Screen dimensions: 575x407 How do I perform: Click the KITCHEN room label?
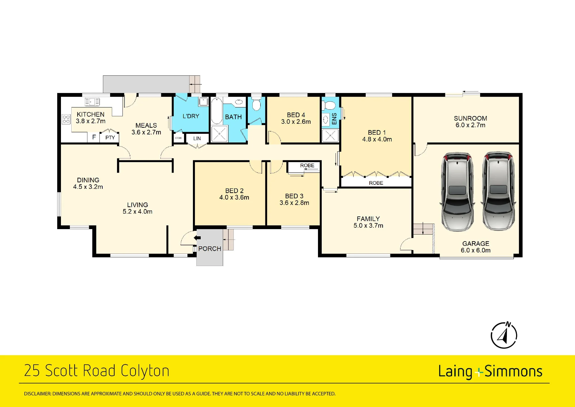tap(91, 114)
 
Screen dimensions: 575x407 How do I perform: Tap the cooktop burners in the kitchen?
tap(66, 119)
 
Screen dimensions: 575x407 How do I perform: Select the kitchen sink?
tap(92, 102)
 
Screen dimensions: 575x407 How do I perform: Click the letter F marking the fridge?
tap(94, 137)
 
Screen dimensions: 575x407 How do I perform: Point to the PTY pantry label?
tap(110, 138)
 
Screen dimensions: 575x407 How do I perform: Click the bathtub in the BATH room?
tap(217, 111)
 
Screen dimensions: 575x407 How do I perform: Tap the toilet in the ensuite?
tap(329, 105)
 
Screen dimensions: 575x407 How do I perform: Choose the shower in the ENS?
tap(330, 136)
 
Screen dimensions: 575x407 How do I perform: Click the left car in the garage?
tap(457, 192)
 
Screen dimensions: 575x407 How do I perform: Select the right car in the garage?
tap(498, 191)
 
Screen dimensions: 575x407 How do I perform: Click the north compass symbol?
tap(504, 335)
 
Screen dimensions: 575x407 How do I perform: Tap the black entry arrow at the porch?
tap(197, 238)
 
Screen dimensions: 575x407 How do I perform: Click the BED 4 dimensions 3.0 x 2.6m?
tap(296, 122)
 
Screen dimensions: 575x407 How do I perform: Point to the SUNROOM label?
tap(470, 118)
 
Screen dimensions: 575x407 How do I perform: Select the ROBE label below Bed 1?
tap(376, 183)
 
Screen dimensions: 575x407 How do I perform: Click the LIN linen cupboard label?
tap(197, 138)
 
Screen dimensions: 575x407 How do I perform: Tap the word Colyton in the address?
tap(145, 371)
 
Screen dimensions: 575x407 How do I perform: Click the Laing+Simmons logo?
tap(490, 372)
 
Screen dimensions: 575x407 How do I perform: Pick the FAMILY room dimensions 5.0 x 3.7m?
tap(368, 226)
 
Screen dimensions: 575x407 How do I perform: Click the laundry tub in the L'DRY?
tap(204, 102)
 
